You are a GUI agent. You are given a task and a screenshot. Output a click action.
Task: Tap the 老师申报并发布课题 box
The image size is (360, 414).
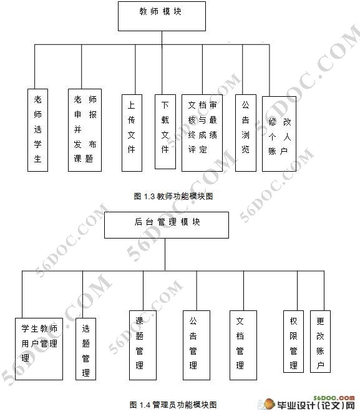pyautogui.click(x=85, y=129)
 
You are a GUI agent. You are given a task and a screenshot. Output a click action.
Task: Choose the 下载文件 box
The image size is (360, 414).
pyautogui.click(x=165, y=131)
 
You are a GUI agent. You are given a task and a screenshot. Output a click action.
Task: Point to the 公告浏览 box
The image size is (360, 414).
pyautogui.click(x=246, y=132)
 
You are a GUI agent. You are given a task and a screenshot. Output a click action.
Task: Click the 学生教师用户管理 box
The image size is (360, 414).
pyautogui.click(x=39, y=348)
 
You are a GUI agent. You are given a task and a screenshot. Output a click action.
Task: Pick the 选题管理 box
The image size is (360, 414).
pyautogui.click(x=85, y=350)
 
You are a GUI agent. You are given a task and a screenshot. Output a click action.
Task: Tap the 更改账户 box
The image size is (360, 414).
pyautogui.click(x=321, y=342)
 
